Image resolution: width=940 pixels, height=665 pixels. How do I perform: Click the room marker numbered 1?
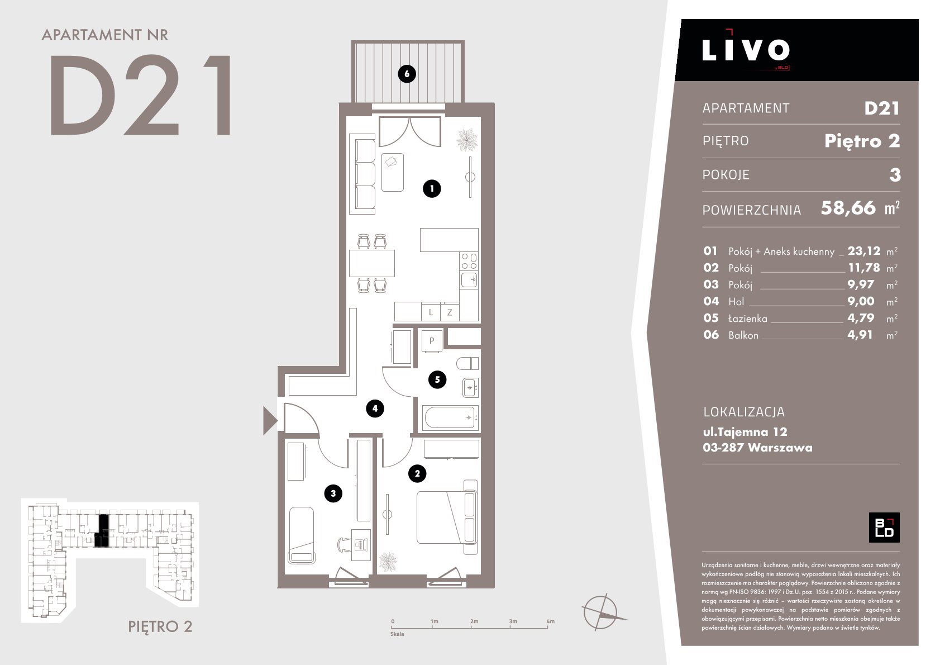point(432,188)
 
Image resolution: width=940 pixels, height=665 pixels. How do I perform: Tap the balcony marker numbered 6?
point(407,74)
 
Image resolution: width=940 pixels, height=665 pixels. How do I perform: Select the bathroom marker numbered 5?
point(437,379)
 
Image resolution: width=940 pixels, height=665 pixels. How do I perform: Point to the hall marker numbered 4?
point(375,408)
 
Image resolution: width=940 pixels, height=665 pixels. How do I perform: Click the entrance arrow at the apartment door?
point(270,420)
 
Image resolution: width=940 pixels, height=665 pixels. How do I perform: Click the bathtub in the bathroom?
point(450,418)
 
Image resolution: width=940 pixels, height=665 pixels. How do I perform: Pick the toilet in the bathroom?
point(467,363)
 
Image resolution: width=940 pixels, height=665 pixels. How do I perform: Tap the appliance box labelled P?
point(432,341)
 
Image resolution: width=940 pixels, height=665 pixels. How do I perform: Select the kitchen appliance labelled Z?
point(450,312)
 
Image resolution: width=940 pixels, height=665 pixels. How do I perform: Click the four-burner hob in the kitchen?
point(469,262)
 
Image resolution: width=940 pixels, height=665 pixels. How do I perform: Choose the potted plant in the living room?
point(467,140)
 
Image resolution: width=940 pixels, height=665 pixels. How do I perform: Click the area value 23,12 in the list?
point(863,251)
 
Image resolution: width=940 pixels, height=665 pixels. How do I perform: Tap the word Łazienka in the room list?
point(747,319)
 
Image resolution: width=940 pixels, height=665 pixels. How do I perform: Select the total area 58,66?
point(848,208)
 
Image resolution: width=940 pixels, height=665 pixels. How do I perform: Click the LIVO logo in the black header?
point(746,50)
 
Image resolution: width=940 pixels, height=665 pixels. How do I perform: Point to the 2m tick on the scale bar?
point(471,627)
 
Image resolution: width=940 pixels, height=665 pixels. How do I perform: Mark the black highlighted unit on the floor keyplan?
point(103,530)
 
